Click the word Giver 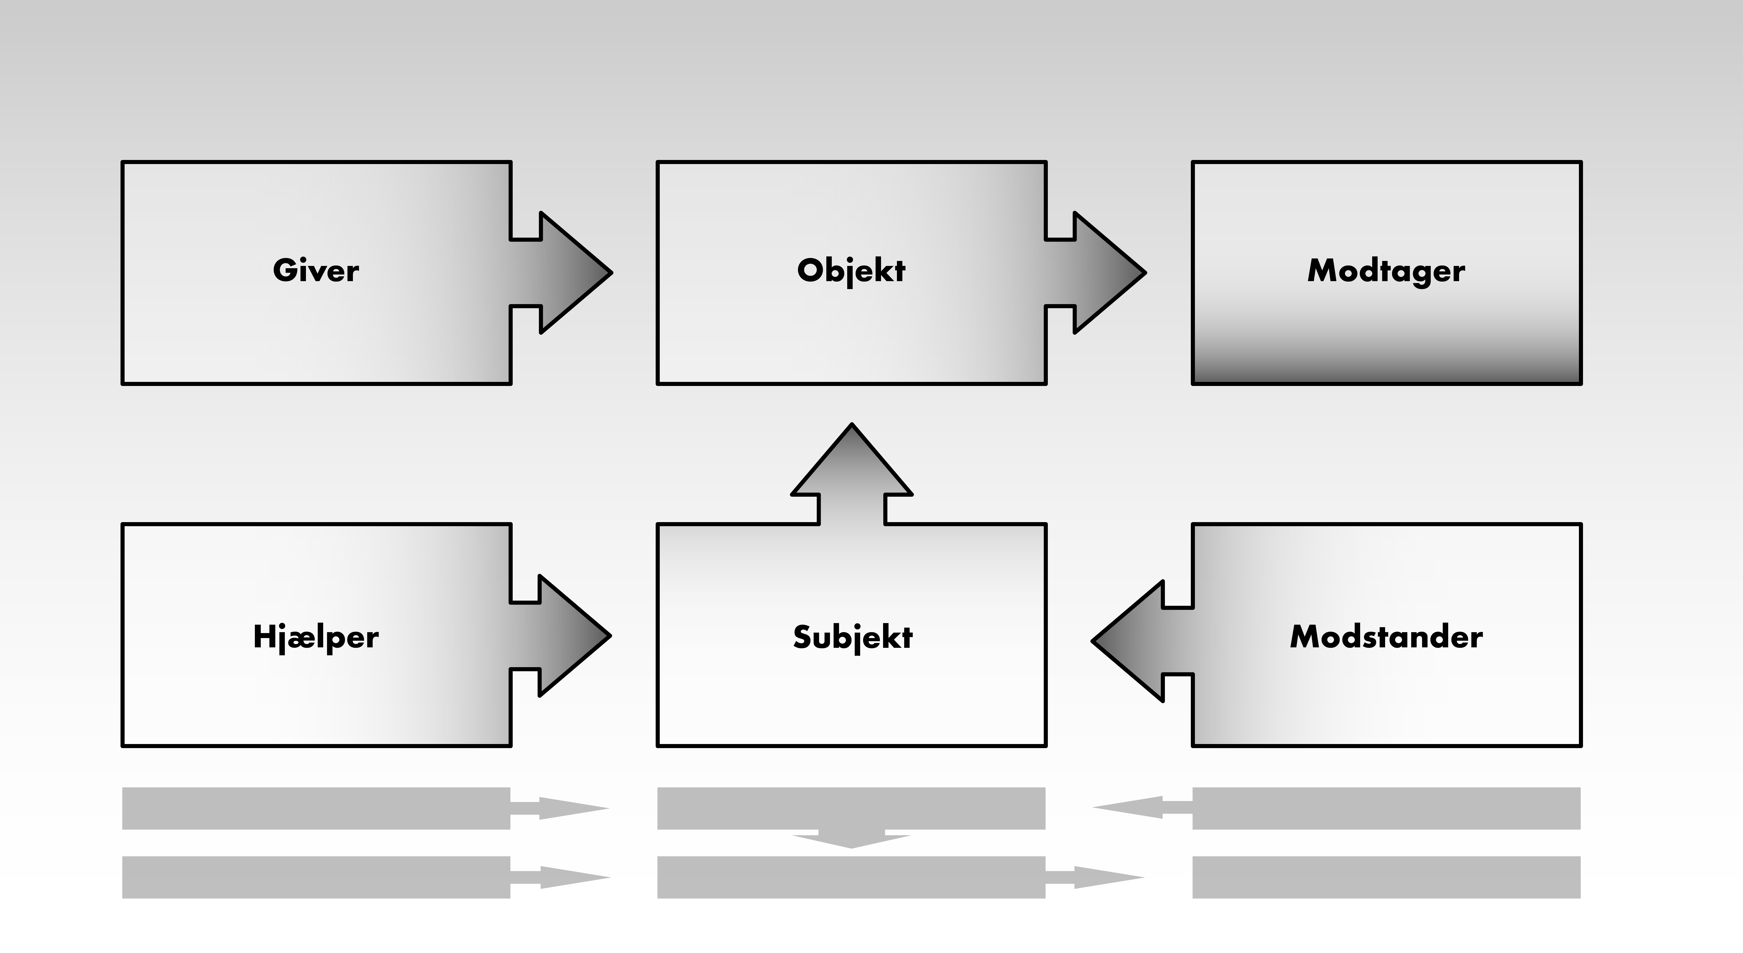tap(316, 270)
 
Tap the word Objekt tap(851, 270)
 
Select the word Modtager tap(1386, 270)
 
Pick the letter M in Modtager tap(1321, 270)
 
